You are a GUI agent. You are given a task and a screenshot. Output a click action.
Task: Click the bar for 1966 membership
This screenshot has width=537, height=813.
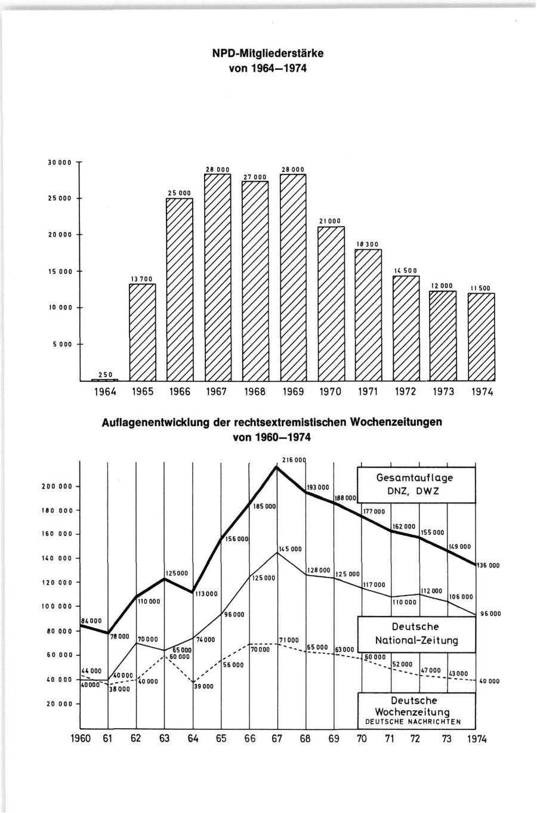(x=179, y=290)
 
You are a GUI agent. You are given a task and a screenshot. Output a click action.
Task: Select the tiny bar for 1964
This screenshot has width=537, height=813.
(x=104, y=380)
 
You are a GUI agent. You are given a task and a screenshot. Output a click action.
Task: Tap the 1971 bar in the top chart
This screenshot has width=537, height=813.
(x=368, y=315)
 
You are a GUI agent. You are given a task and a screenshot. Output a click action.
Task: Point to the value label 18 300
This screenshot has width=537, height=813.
(x=368, y=244)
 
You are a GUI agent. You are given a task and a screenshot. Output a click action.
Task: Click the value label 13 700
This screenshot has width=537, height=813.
(x=142, y=278)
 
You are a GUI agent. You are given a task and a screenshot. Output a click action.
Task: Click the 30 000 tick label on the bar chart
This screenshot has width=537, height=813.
(x=60, y=162)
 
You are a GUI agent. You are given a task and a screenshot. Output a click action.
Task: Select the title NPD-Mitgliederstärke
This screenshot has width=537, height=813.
(x=268, y=53)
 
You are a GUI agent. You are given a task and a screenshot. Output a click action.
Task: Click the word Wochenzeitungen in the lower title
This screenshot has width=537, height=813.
(x=396, y=422)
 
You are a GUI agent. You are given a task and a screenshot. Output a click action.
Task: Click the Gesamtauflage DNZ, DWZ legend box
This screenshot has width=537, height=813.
(x=416, y=484)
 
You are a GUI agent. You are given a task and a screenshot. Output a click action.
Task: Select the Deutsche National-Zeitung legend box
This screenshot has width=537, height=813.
(x=416, y=634)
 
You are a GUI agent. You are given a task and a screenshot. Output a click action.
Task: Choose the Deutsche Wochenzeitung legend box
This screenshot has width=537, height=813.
(x=416, y=711)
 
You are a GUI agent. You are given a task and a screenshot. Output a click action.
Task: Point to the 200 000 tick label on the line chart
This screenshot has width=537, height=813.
(x=57, y=486)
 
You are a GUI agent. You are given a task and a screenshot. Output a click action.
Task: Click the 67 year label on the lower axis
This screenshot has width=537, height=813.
(x=277, y=738)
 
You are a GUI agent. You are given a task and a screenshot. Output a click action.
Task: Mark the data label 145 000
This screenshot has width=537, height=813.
(x=290, y=548)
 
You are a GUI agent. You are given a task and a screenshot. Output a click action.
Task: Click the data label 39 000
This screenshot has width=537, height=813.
(x=203, y=686)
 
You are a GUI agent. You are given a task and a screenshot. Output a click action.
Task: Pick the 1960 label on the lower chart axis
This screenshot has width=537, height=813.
(x=81, y=738)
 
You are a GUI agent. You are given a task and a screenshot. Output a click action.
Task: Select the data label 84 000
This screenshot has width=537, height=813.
(x=91, y=621)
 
